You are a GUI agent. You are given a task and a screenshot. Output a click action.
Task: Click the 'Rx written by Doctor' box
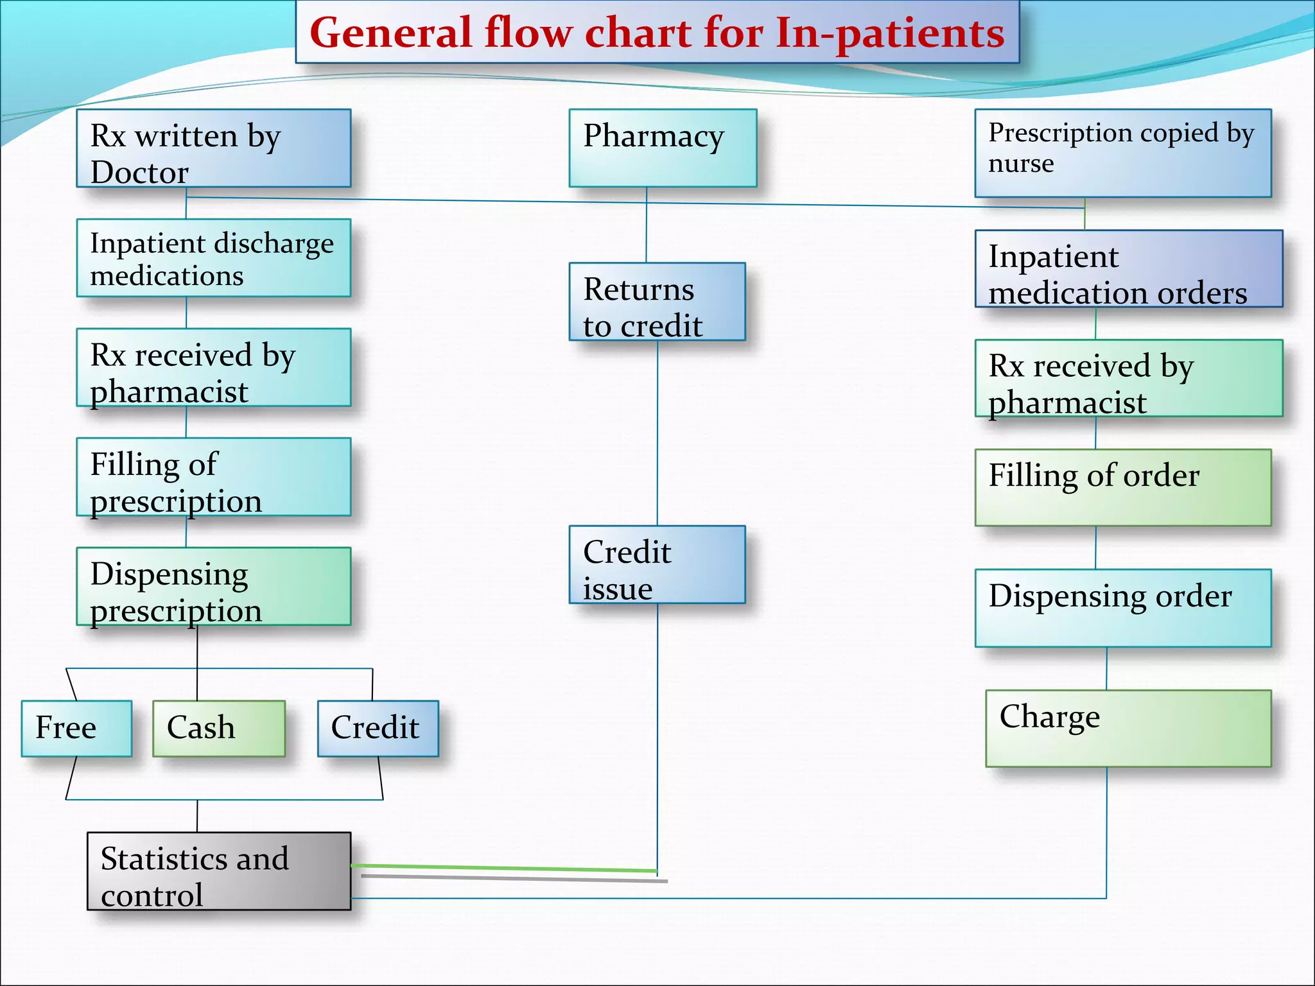[x=213, y=148]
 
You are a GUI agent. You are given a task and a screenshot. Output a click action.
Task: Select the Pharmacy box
[x=663, y=148]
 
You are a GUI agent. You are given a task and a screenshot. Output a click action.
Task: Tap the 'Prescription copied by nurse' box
[x=1122, y=153]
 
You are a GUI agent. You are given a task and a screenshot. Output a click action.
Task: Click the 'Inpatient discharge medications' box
[x=213, y=258]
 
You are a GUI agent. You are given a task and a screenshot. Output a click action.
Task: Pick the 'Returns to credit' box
[x=657, y=302]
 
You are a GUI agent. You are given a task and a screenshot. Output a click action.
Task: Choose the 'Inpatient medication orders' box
[x=1128, y=269]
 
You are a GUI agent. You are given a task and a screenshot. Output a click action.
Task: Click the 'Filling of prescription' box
[x=213, y=477]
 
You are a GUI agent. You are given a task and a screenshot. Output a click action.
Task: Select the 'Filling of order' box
[x=1122, y=488]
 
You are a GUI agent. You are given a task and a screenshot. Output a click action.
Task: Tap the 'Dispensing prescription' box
[x=213, y=586]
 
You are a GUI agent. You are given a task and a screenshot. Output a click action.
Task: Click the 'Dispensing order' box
[x=1122, y=608]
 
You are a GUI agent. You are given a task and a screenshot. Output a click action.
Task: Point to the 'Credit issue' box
[x=657, y=565]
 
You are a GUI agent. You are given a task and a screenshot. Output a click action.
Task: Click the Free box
[x=76, y=729]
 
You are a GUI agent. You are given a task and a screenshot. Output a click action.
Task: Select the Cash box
[x=218, y=729]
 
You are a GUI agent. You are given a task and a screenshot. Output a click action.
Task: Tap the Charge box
[x=1128, y=729]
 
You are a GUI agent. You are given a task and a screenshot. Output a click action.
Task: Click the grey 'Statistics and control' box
[x=218, y=871]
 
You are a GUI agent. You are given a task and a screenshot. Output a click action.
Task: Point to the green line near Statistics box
[x=503, y=869]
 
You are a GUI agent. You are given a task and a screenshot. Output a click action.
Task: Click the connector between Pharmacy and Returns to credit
[x=646, y=225]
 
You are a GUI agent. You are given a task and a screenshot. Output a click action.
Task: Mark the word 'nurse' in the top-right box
[x=1021, y=164]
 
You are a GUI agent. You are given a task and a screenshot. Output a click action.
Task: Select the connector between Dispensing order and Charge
[x=1106, y=668]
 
